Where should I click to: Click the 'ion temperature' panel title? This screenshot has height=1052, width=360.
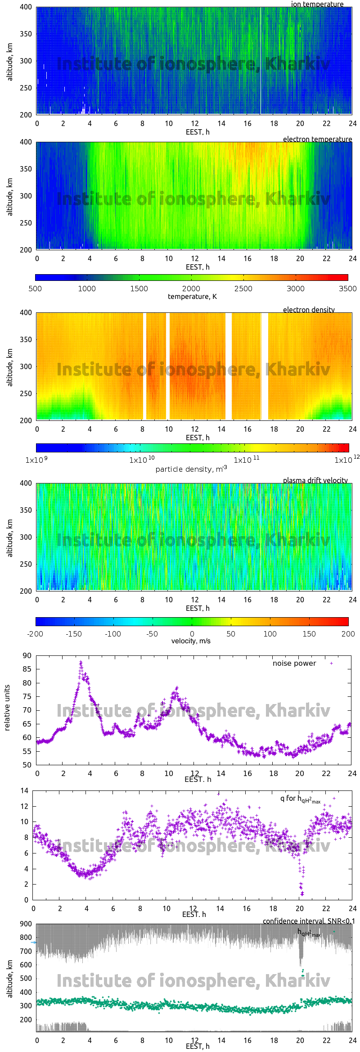pyautogui.click(x=317, y=4)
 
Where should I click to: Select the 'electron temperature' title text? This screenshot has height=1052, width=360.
pyautogui.click(x=317, y=139)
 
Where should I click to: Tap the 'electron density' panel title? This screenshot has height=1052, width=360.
pyautogui.click(x=309, y=310)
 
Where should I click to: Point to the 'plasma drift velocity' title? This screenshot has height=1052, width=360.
pyautogui.click(x=315, y=480)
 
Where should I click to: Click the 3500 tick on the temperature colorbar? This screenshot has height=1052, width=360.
pyautogui.click(x=347, y=289)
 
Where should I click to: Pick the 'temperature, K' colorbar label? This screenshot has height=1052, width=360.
pyautogui.click(x=192, y=296)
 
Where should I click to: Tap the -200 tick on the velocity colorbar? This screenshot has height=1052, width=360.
pyautogui.click(x=35, y=634)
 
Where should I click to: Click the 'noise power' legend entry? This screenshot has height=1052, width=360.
pyautogui.click(x=294, y=663)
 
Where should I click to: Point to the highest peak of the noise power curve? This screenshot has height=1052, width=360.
pyautogui.click(x=81, y=662)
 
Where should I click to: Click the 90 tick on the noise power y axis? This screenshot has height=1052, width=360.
pyautogui.click(x=27, y=655)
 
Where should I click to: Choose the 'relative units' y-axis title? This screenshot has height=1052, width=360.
pyautogui.click(x=7, y=708)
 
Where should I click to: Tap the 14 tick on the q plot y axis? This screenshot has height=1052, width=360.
pyautogui.click(x=24, y=790)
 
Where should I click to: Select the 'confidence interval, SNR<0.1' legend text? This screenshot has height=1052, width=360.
pyautogui.click(x=309, y=921)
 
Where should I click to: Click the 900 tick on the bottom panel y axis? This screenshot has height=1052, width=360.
pyautogui.click(x=26, y=924)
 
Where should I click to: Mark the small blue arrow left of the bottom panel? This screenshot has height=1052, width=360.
pyautogui.click(x=33, y=942)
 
